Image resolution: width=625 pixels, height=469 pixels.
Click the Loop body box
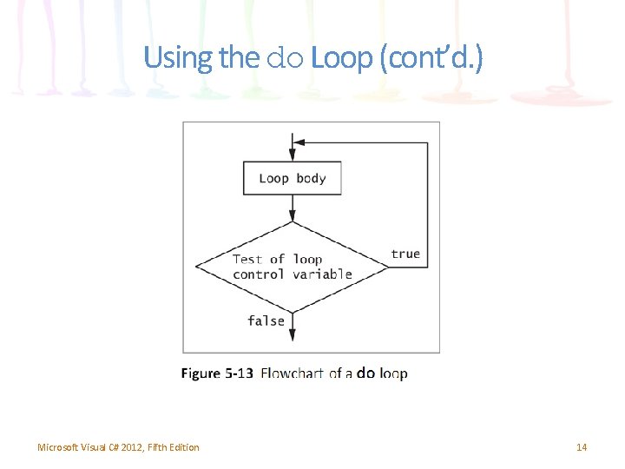292,179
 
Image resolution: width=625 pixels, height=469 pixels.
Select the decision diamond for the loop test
292,267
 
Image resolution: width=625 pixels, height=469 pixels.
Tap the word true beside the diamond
405,254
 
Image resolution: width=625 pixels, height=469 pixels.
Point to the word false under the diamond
266,320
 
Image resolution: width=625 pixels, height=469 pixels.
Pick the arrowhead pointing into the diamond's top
292,215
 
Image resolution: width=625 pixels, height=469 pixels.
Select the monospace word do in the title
284,59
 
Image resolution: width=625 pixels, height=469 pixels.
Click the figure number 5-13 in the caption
239,373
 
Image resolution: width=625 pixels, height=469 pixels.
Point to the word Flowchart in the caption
292,373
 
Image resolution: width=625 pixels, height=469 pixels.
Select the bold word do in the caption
365,373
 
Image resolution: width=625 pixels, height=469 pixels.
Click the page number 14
582,447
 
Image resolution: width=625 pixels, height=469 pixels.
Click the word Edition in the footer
183,447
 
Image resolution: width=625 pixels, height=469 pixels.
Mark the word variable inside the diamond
322,274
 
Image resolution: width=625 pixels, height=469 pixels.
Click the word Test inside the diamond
247,259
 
